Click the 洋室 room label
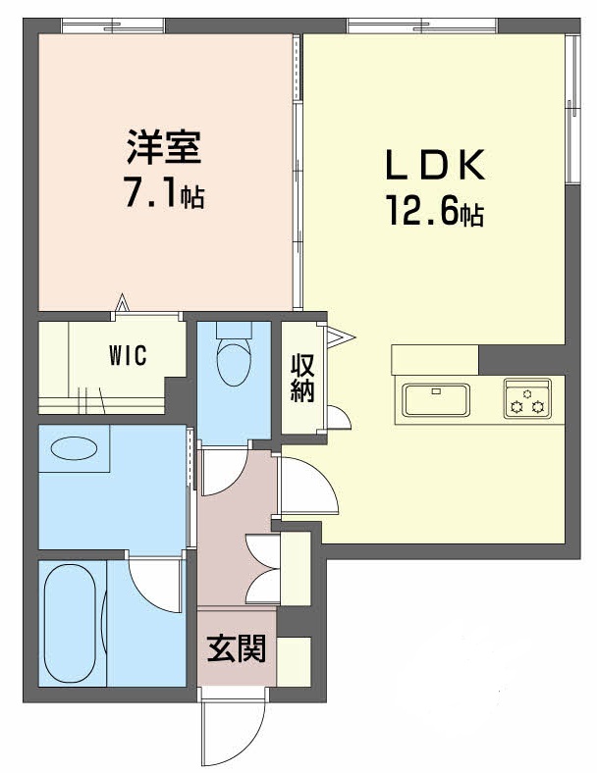coord(164,148)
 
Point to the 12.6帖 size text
coord(434,213)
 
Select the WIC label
coord(127,355)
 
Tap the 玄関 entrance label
coord(236,648)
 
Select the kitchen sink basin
coord(436,399)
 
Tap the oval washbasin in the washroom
coord(74,450)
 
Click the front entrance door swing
coord(233,731)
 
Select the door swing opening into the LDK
coord(308,485)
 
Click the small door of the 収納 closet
coord(337,417)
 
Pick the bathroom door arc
coord(154,582)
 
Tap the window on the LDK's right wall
coord(571,108)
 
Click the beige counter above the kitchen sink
coord(434,359)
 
